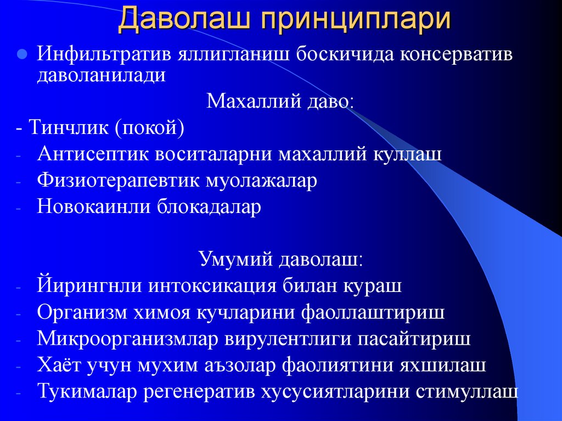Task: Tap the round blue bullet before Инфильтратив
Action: tap(22, 55)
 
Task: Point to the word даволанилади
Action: tap(101, 75)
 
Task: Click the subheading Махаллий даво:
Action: tap(280, 101)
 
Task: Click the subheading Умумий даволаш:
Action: tap(280, 260)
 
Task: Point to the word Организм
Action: tap(82, 312)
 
